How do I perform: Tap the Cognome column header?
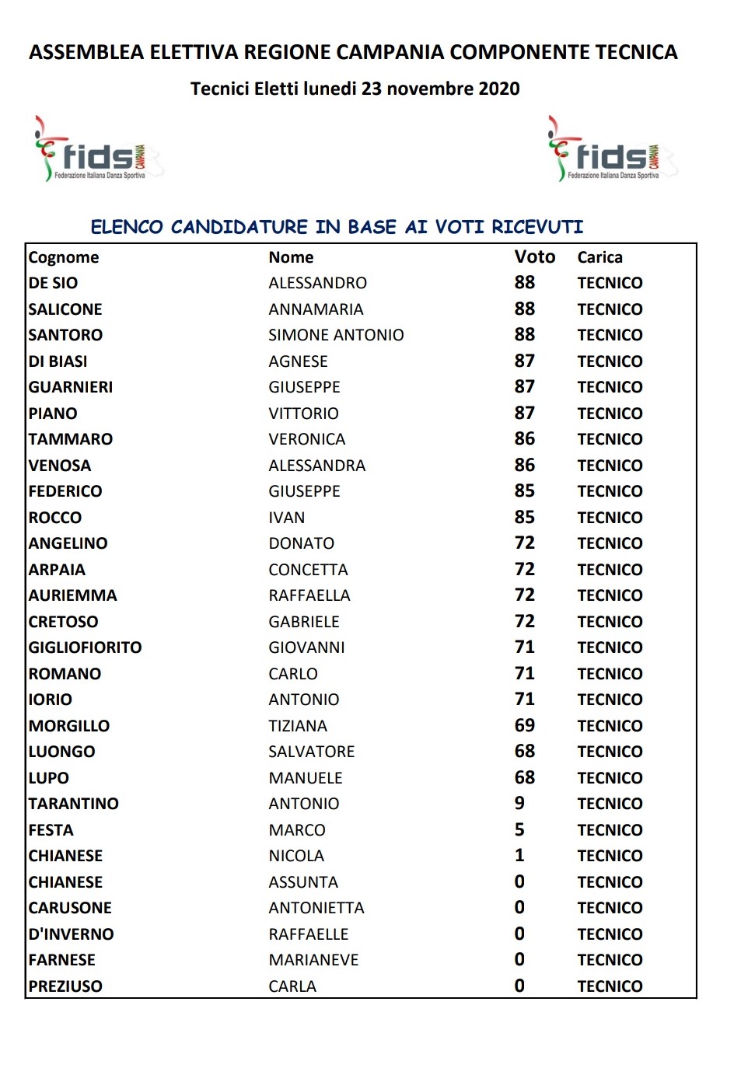click(x=64, y=257)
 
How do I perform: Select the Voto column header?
click(x=535, y=257)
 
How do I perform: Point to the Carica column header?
click(x=599, y=257)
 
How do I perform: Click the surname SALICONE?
click(x=65, y=309)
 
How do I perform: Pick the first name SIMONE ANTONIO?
click(x=336, y=335)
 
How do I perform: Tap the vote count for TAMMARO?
click(x=525, y=439)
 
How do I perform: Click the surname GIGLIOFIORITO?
click(x=85, y=647)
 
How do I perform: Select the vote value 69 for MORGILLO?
click(x=525, y=726)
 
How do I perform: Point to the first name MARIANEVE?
click(x=313, y=960)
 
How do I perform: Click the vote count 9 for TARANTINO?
click(x=519, y=804)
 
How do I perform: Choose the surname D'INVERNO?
click(x=71, y=934)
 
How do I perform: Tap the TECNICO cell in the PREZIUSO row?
click(x=610, y=986)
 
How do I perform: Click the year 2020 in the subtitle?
click(x=499, y=89)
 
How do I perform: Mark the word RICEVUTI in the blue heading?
click(x=537, y=227)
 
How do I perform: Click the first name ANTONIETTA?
click(x=316, y=908)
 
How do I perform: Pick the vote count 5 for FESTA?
click(x=519, y=830)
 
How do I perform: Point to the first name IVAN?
click(x=287, y=518)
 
